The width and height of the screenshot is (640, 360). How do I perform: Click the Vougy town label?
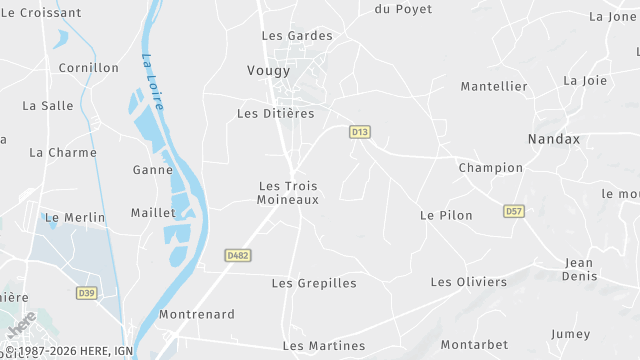pyautogui.click(x=268, y=71)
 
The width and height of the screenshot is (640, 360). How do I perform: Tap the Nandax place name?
pyautogui.click(x=554, y=140)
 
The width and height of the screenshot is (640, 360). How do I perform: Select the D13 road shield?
pyautogui.click(x=360, y=132)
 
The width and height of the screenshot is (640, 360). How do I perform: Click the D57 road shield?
pyautogui.click(x=514, y=212)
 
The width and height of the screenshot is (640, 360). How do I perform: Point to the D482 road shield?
pyautogui.click(x=238, y=256)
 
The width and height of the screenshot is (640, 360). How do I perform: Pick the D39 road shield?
pyautogui.click(x=87, y=293)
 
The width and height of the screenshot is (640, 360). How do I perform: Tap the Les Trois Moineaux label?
pyautogui.click(x=288, y=193)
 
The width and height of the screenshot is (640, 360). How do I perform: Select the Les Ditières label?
pyautogui.click(x=275, y=114)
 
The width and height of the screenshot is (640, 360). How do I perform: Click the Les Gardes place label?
pyautogui.click(x=297, y=36)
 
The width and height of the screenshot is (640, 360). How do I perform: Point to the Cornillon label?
pyautogui.click(x=88, y=69)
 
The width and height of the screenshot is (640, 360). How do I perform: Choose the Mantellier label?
pyautogui.click(x=494, y=87)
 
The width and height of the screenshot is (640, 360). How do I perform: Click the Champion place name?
pyautogui.click(x=490, y=168)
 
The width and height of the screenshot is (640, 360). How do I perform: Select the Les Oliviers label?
pyautogui.click(x=469, y=282)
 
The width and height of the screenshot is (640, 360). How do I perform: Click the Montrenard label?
pyautogui.click(x=197, y=315)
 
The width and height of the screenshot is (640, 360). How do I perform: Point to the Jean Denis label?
pyautogui.click(x=579, y=270)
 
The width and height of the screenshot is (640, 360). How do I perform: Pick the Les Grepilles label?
pyautogui.click(x=314, y=284)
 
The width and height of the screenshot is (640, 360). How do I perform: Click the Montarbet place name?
pyautogui.click(x=474, y=345)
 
